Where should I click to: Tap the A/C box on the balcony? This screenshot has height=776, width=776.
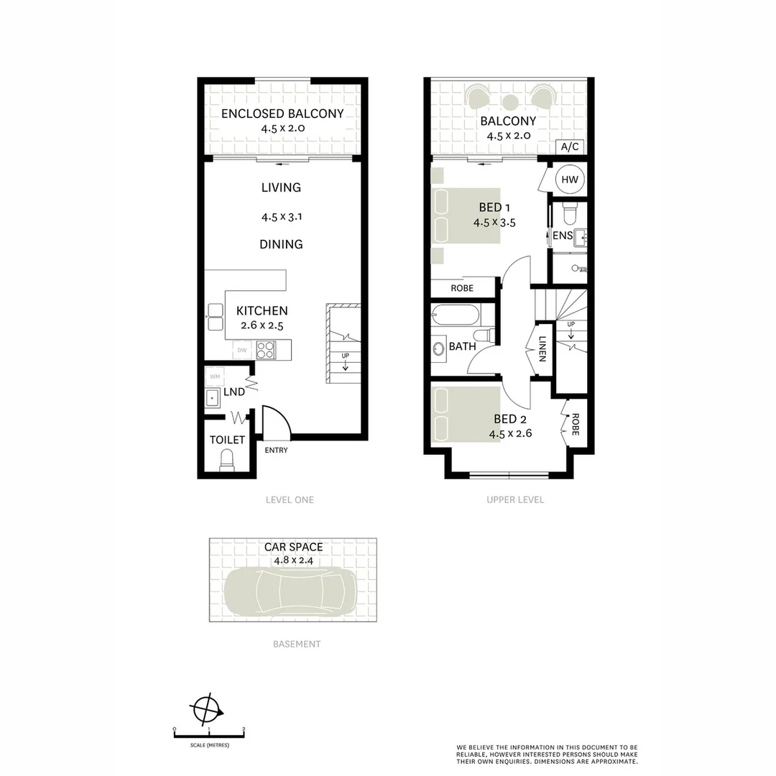tap(569, 147)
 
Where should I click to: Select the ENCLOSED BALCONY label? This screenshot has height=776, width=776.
tap(282, 114)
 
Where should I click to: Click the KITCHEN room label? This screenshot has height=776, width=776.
tap(262, 311)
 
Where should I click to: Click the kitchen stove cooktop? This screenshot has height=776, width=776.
tap(266, 350)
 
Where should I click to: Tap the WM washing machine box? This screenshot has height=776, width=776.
tap(214, 377)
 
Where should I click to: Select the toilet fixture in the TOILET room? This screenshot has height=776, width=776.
tap(227, 461)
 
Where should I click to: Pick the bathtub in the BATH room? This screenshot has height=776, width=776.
tap(455, 315)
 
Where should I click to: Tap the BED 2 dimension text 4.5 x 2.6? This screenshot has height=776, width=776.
tap(510, 433)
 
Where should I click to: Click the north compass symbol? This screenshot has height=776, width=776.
tap(205, 710)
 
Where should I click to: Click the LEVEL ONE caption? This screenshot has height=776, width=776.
tap(290, 499)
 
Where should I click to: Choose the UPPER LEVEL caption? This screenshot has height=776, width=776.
tap(515, 499)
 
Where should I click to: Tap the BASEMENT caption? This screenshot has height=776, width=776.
tap(297, 644)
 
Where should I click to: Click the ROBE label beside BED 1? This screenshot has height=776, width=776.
tap(462, 288)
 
